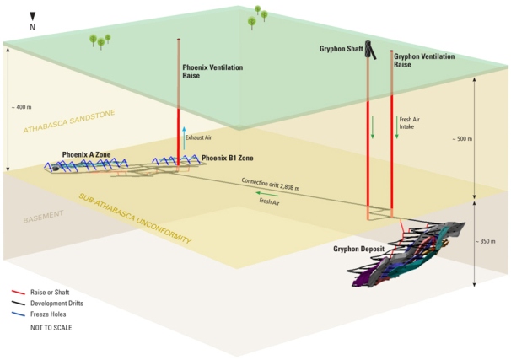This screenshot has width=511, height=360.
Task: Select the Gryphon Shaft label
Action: click(x=344, y=49)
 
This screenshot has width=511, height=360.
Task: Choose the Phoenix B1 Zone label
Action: click(x=225, y=158)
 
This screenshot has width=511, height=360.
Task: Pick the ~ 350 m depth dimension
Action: click(x=488, y=242)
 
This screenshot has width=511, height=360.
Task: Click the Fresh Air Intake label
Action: click(x=410, y=126)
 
